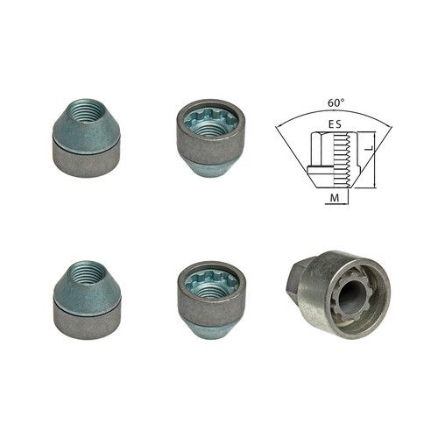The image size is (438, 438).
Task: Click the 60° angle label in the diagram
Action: pos(336,103)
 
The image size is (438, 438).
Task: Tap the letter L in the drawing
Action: pos(369,148)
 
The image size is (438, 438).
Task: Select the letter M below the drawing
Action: pos(335,198)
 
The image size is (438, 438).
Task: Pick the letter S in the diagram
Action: pos(338,124)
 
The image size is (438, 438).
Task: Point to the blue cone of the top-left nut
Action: pos(87,125)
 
